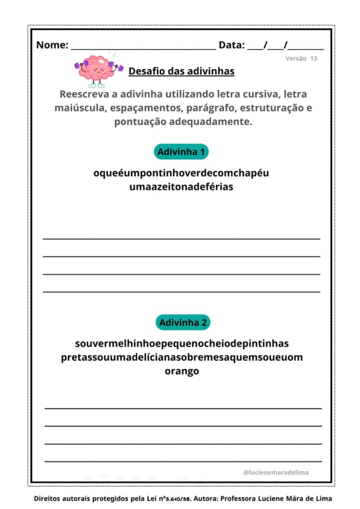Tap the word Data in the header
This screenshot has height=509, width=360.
(x=231, y=46)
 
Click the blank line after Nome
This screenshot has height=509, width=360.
(x=143, y=48)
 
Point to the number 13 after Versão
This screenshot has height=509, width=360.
(x=313, y=58)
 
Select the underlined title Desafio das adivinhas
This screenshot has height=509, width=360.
(x=182, y=71)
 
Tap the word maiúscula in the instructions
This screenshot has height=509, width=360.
(x=78, y=107)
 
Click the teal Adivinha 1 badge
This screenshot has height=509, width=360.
(x=181, y=152)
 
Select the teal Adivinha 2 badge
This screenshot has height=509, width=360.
(x=183, y=322)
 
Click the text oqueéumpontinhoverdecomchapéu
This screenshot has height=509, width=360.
(x=181, y=173)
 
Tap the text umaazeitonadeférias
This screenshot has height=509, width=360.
(x=181, y=187)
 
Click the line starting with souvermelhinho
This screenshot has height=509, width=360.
(x=182, y=343)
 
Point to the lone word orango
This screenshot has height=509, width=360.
(x=182, y=371)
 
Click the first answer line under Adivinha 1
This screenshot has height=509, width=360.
(x=181, y=238)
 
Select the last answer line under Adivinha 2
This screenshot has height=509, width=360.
(x=183, y=461)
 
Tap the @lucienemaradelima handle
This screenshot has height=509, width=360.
(x=276, y=472)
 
